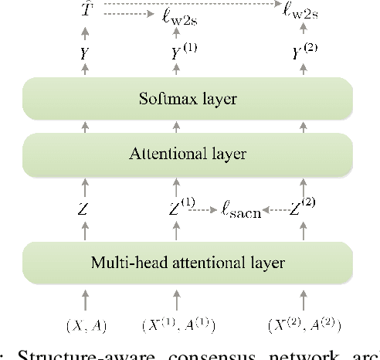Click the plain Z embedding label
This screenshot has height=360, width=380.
(83, 209)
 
